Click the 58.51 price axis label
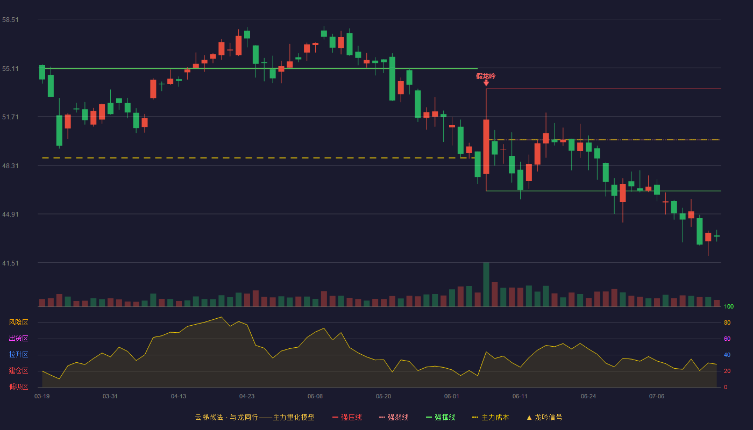[x=10, y=20]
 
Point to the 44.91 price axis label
[x=10, y=214]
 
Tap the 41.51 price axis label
[x=10, y=263]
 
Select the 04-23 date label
[x=247, y=397]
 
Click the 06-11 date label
[x=520, y=397]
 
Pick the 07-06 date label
[x=657, y=397]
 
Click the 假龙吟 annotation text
[x=486, y=76]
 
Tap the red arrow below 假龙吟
[x=486, y=83]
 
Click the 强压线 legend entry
[x=347, y=418]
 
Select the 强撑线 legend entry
[x=441, y=418]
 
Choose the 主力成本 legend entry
[x=491, y=418]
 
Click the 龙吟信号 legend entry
[x=544, y=418]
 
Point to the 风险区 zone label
[x=18, y=322]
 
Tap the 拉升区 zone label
[x=18, y=355]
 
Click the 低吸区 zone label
[x=18, y=387]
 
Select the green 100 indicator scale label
[x=729, y=307]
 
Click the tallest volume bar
[x=486, y=284]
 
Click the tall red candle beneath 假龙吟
[x=486, y=147]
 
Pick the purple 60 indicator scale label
[x=727, y=339]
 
